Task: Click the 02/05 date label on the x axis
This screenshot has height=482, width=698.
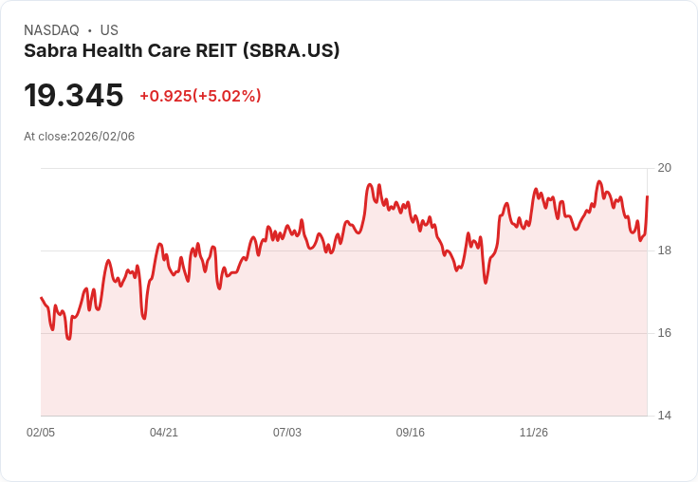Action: coord(41,433)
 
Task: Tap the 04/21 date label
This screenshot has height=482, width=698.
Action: coord(164,433)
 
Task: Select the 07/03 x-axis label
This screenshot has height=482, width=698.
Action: coord(287,433)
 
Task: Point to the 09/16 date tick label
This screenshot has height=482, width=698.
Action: coord(411,433)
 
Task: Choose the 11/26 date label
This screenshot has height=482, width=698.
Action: coord(534,433)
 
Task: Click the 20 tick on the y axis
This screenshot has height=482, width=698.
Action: coord(665,168)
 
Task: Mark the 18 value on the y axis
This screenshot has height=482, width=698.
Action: coord(665,250)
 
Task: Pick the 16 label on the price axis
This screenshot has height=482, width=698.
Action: coord(665,333)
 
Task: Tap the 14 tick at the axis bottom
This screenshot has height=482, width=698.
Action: coord(665,416)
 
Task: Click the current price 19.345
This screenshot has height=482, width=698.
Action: coord(74,96)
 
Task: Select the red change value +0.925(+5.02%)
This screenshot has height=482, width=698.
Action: coord(200,96)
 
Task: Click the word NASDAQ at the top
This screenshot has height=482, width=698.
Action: coord(51,30)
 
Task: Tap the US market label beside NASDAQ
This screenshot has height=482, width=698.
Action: coord(109,30)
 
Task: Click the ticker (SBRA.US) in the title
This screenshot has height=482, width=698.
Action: coord(291,51)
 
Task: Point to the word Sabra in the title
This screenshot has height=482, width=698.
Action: coord(48,51)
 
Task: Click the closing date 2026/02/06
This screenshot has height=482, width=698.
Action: coord(102,137)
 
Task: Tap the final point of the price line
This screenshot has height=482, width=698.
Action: coord(647,196)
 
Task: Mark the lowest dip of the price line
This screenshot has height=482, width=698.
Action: coord(68,338)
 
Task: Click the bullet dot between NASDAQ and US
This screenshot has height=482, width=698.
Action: coord(89,30)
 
